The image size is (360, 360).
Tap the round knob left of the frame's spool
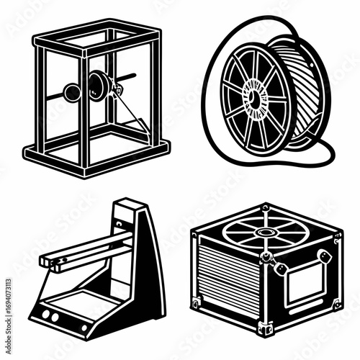pos(71,91)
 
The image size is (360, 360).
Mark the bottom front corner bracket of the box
pos(265,328)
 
